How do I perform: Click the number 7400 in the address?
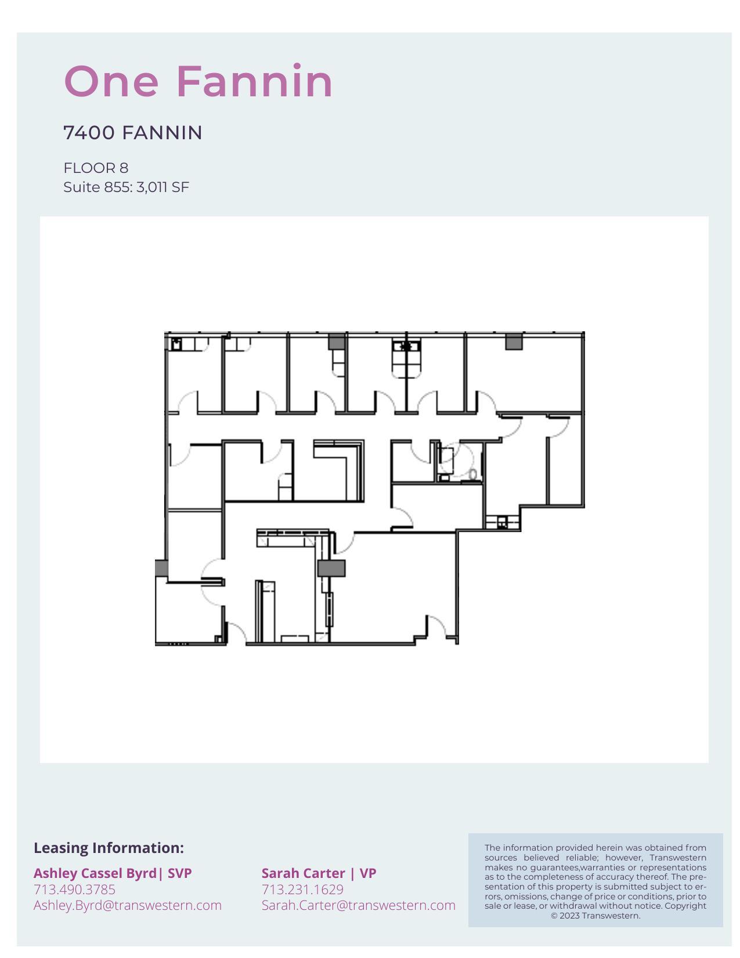[x=89, y=133]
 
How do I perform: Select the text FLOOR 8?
[x=96, y=168]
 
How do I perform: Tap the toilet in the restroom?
[x=473, y=474]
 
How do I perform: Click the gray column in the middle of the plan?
[x=331, y=568]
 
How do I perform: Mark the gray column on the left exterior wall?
[x=161, y=568]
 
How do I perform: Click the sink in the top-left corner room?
[x=176, y=344]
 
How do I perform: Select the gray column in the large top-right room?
[x=514, y=342]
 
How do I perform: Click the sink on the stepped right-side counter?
[x=502, y=523]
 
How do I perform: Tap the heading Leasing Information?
[x=109, y=848]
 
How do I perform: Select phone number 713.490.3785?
[x=74, y=890]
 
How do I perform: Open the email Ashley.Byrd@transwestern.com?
[x=127, y=905]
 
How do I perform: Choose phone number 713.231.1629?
[x=302, y=890]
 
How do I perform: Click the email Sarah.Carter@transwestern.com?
[x=358, y=905]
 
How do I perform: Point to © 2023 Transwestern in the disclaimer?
[x=595, y=916]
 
